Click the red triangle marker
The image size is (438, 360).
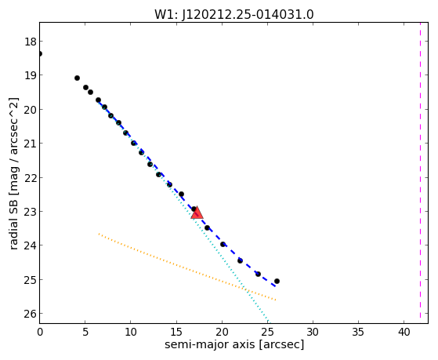coord(197,213)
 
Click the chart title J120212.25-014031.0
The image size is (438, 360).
coord(248,14)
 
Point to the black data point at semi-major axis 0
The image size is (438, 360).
coord(40,53)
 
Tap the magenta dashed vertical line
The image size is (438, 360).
coord(420,170)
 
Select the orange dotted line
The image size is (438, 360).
coord(187,267)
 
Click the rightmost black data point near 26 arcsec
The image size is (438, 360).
coord(277,281)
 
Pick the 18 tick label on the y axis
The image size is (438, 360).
coord(31,42)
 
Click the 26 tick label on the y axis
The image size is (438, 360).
coord(31,315)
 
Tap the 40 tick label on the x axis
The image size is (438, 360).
coord(404,332)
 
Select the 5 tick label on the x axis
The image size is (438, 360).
coord(85,332)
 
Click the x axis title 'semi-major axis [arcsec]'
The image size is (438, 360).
coord(234,344)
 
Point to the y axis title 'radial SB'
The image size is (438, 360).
coord(13,222)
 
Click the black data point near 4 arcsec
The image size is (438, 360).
coord(77,78)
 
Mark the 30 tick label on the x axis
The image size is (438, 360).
coord(313,332)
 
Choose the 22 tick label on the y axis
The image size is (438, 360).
coord(31,178)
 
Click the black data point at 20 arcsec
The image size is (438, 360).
coord(223,244)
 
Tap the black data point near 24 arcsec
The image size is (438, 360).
coord(258,275)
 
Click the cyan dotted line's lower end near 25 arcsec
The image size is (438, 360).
coord(269,322)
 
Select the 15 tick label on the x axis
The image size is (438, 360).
coord(176,332)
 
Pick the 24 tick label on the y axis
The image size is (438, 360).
coord(31,245)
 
